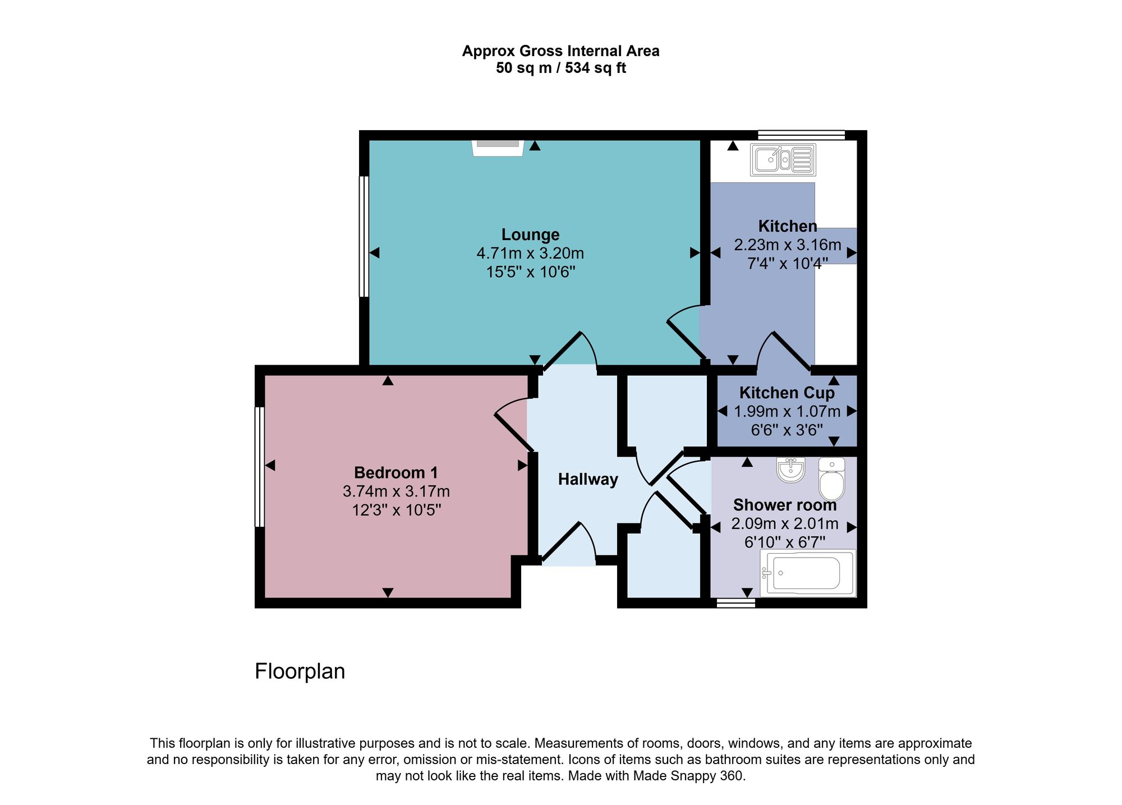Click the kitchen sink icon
[x=783, y=160]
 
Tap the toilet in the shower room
[x=831, y=480]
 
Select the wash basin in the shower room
[x=791, y=470]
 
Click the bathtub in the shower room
[x=807, y=573]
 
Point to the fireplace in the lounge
[x=498, y=147]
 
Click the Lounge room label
[x=530, y=234]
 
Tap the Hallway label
[x=587, y=479]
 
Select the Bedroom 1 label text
[x=396, y=472]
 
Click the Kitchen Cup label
[x=787, y=393]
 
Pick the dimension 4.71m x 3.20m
[x=530, y=254]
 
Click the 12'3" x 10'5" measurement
[x=396, y=510]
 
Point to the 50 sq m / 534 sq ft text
[x=560, y=68]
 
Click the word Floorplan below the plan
[x=300, y=671]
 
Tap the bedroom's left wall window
[x=259, y=467]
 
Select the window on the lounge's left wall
[x=364, y=236]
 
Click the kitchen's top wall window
[x=801, y=135]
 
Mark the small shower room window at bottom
[x=735, y=603]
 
